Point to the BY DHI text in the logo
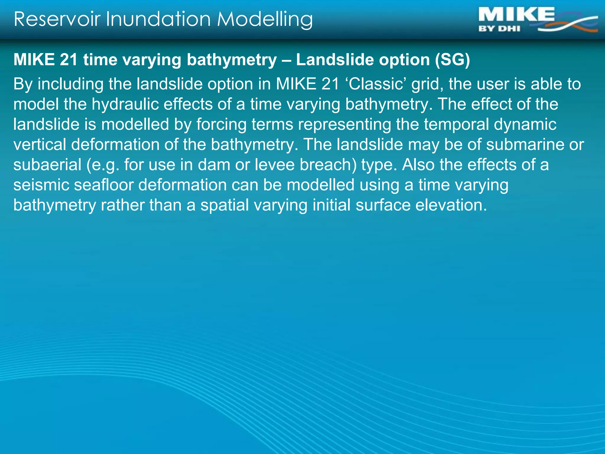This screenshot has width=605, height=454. pyautogui.click(x=499, y=29)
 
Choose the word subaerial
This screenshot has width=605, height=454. pyautogui.click(x=47, y=165)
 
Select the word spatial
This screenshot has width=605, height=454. pyautogui.click(x=225, y=205)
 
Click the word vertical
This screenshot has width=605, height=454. pyautogui.click(x=40, y=145)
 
